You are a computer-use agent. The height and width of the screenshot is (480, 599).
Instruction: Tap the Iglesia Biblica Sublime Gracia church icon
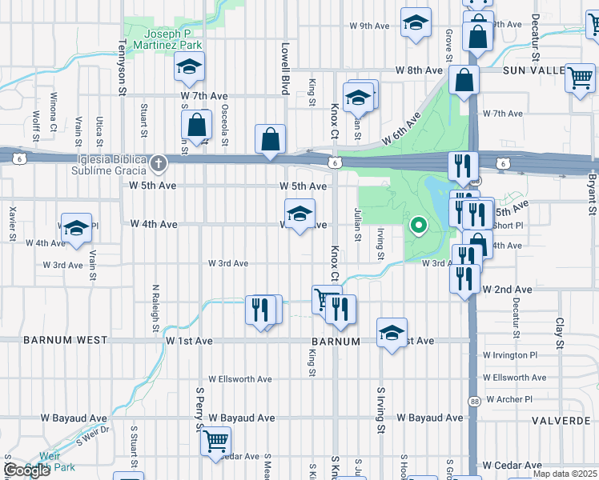pos(159,165)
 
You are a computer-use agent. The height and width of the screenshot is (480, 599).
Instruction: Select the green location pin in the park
pos(417,226)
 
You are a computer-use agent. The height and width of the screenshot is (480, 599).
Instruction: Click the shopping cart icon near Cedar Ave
pos(215,441)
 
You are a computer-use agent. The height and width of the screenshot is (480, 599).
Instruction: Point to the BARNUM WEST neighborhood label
pos(66,340)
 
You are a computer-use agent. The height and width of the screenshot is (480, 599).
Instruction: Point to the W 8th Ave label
pos(418,70)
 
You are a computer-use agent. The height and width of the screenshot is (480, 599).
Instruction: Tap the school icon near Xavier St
pos(77,228)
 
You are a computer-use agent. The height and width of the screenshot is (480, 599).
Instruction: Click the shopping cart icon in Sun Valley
pos(580,78)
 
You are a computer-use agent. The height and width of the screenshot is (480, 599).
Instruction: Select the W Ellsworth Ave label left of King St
pos(240,379)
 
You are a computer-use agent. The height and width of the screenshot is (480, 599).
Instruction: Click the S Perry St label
pos(199,409)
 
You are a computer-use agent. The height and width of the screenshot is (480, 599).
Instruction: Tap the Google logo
pos(26,470)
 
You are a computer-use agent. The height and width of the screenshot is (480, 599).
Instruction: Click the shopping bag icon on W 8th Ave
pos(464,80)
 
